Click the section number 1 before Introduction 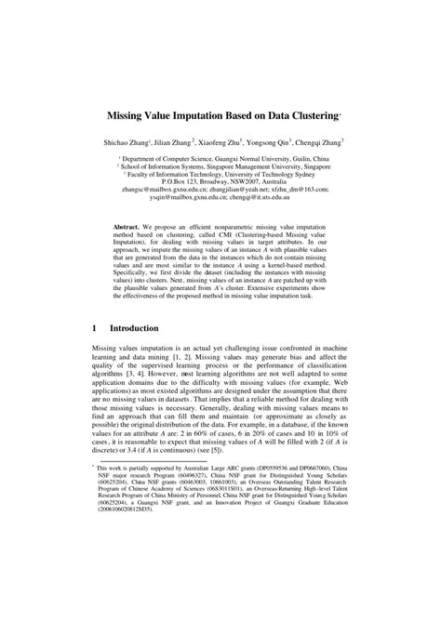[x=96, y=328]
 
